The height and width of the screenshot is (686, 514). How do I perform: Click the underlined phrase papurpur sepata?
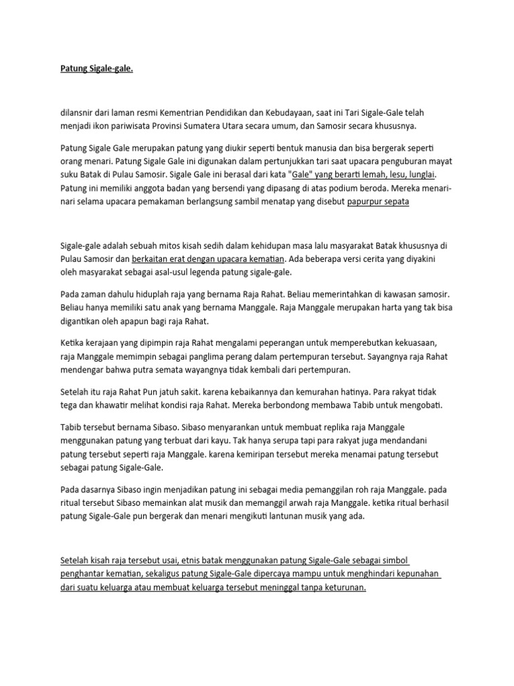coord(378,201)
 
